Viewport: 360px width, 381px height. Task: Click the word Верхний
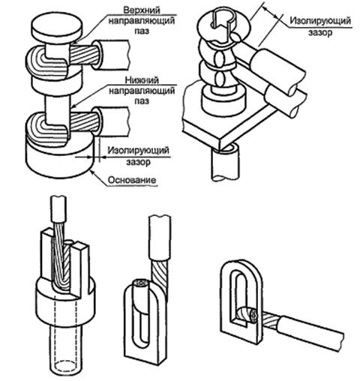click(142, 10)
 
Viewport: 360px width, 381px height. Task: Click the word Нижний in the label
click(142, 80)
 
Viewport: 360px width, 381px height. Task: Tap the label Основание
click(132, 180)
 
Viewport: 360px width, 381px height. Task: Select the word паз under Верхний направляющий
click(142, 31)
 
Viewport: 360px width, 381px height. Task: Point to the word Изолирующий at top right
click(320, 21)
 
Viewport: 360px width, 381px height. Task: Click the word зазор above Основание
click(138, 162)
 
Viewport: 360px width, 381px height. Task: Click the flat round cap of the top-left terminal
click(57, 27)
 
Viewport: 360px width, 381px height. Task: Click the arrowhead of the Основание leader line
click(92, 172)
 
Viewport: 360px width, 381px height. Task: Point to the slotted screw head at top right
click(223, 22)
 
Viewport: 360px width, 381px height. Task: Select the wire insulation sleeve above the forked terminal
click(58, 209)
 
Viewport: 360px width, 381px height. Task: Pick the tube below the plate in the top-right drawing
click(225, 163)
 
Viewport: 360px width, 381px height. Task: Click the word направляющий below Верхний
click(142, 20)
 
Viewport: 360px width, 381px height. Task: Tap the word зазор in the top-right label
click(320, 32)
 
